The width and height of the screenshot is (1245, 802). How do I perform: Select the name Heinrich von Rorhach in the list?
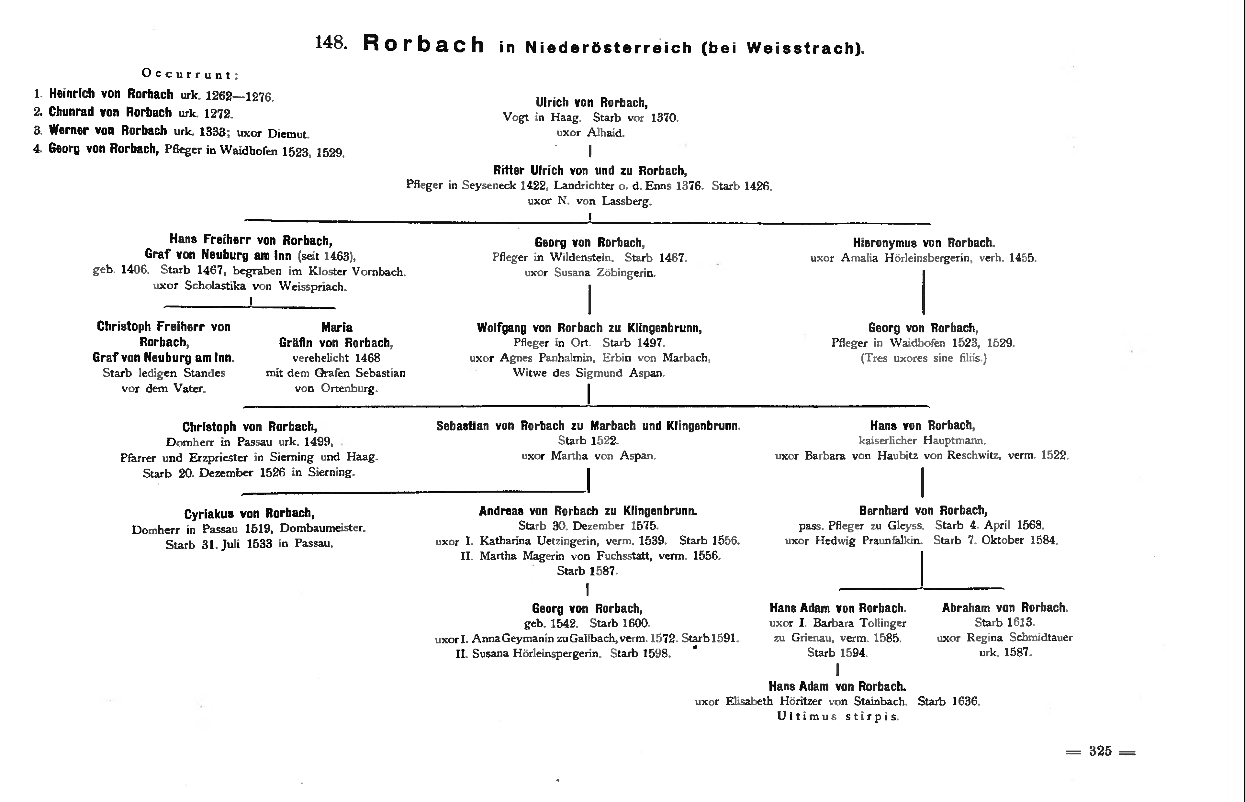[x=111, y=94]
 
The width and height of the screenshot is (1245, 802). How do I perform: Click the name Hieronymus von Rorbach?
[x=924, y=243]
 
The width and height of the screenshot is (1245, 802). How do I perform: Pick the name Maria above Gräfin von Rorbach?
[x=337, y=328]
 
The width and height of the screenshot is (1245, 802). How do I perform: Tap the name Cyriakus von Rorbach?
[x=250, y=514]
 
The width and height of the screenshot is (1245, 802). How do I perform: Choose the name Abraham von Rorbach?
[x=1005, y=608]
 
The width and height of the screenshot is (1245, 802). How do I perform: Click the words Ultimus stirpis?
[x=838, y=717]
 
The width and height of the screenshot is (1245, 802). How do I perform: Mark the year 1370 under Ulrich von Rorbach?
[x=664, y=118]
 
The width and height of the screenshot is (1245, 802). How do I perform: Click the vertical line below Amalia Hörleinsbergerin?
[x=924, y=292]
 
